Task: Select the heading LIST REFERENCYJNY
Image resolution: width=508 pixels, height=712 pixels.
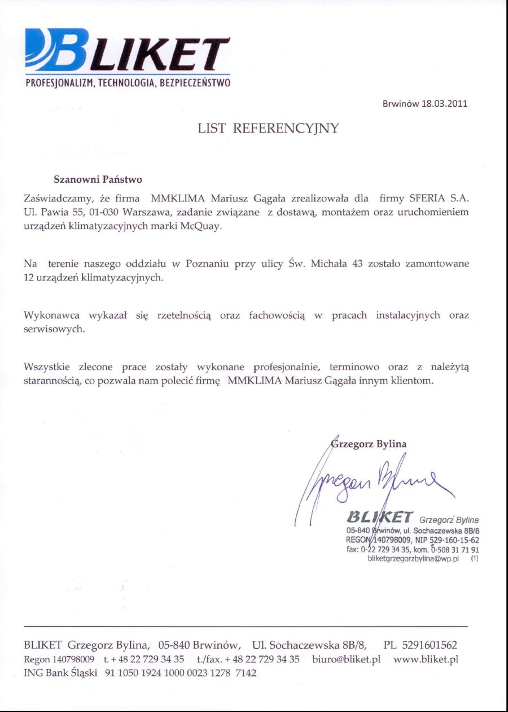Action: pos(268,129)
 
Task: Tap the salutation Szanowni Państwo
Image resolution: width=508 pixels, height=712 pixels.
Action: pos(98,179)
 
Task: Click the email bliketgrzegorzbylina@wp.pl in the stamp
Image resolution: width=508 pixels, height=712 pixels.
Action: pos(413,559)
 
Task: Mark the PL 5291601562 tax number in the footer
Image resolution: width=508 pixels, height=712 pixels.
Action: pos(421,645)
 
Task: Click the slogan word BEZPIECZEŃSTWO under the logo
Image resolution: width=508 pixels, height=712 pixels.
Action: pos(195,83)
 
